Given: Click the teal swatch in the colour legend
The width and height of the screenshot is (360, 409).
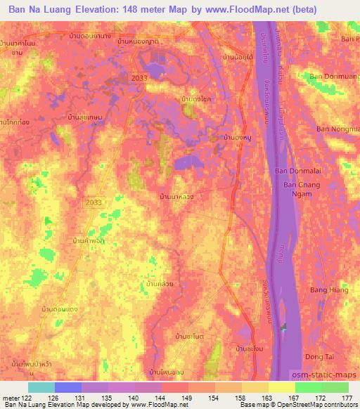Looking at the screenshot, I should [41, 387].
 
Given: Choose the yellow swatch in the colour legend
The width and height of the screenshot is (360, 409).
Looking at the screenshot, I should [281, 387].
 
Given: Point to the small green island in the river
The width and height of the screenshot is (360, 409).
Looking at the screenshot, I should [285, 327].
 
